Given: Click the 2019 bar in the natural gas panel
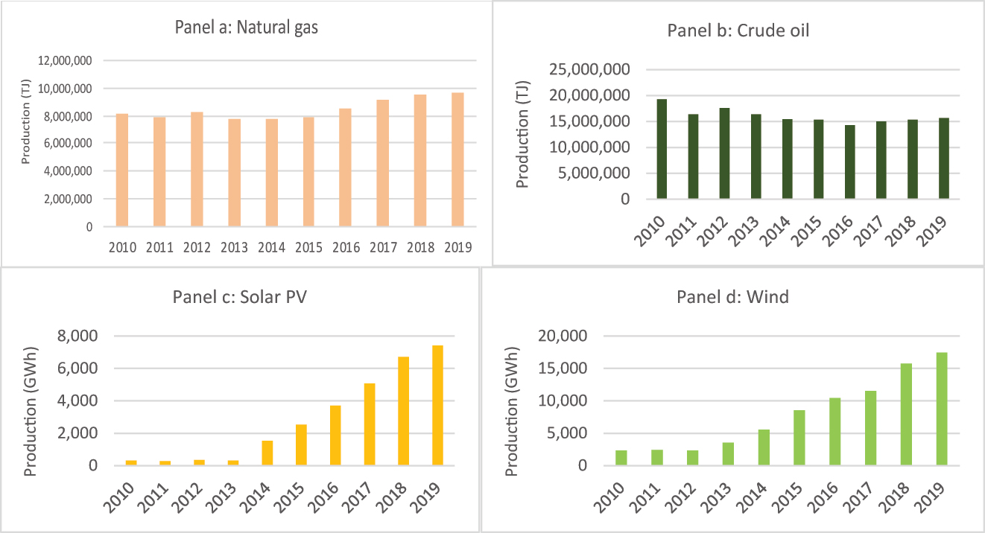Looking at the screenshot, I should click(x=457, y=159).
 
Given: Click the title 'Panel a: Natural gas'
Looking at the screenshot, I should click(x=245, y=28).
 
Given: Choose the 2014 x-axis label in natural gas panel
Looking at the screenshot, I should click(x=271, y=248).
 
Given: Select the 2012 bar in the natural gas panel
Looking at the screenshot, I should click(x=197, y=169).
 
